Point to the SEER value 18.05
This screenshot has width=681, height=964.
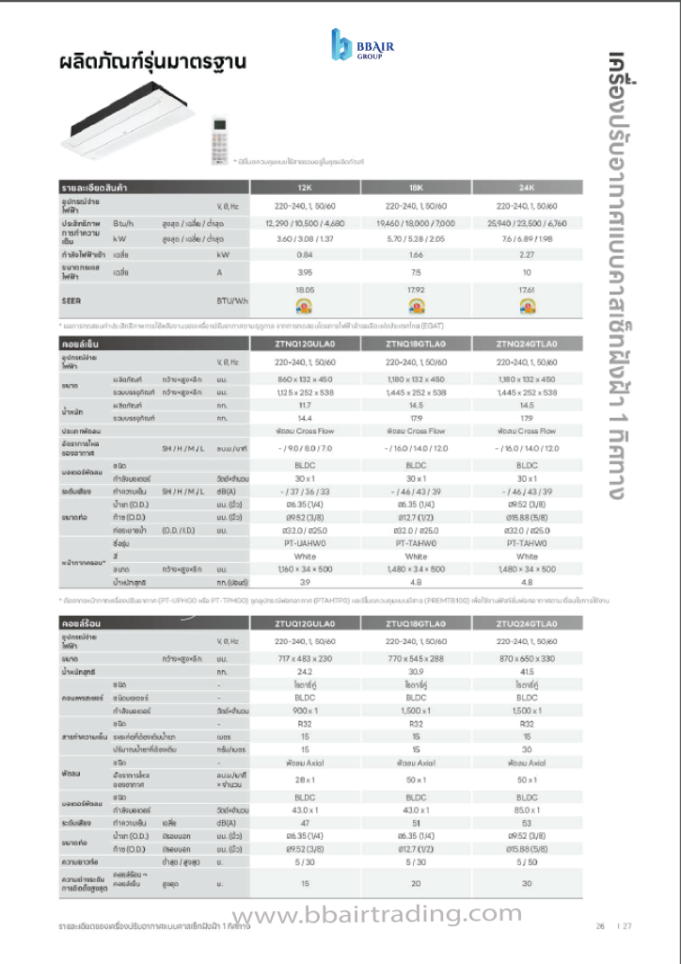tap(304, 290)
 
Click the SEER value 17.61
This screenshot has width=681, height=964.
tap(527, 290)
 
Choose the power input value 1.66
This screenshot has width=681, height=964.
tap(416, 254)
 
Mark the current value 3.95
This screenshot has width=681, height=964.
tap(304, 272)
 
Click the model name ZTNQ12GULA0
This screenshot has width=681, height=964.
tap(304, 345)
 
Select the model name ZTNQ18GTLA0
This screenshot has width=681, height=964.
tap(416, 345)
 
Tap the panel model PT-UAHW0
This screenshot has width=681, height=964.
tap(304, 542)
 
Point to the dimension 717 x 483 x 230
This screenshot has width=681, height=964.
tap(304, 658)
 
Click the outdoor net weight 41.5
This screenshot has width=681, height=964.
tap(527, 671)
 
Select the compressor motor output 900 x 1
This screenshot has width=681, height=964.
tap(304, 711)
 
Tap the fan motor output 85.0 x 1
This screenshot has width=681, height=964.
tap(527, 810)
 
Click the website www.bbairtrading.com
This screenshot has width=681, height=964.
tap(376, 914)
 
